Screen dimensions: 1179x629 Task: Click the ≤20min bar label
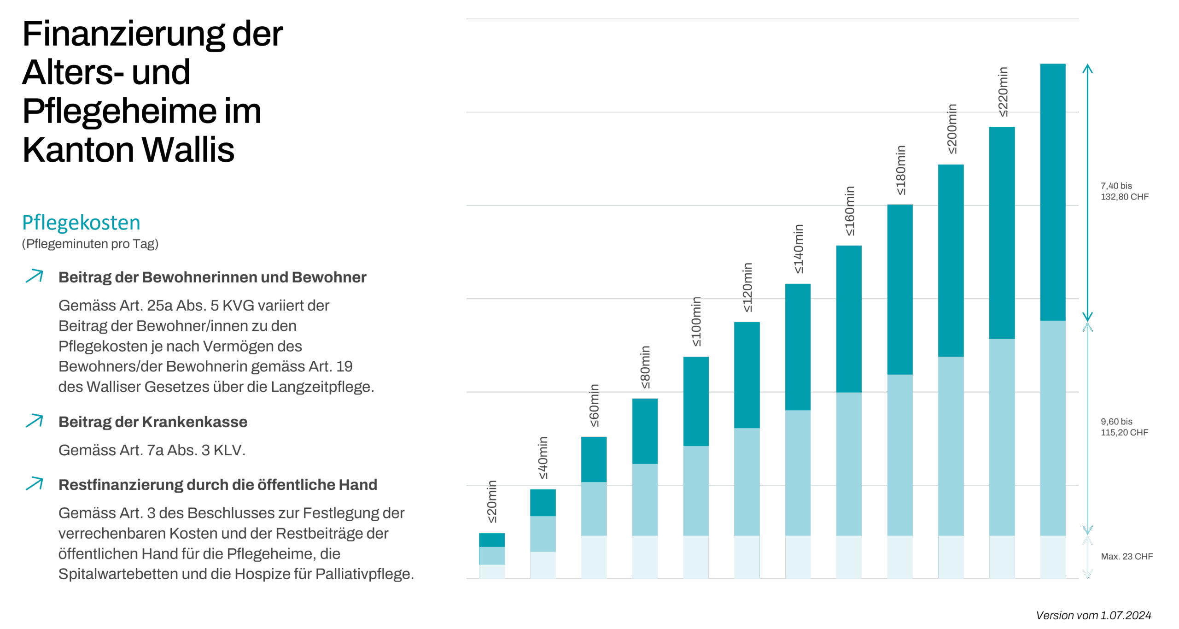pyautogui.click(x=492, y=501)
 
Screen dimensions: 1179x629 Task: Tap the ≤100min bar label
pyautogui.click(x=696, y=322)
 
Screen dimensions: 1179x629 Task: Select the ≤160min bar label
pyautogui.click(x=849, y=211)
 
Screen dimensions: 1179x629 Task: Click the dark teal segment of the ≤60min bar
pyautogui.click(x=594, y=459)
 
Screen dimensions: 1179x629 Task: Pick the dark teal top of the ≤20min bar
pyautogui.click(x=492, y=540)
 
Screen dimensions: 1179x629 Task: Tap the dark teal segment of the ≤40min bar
pyautogui.click(x=543, y=503)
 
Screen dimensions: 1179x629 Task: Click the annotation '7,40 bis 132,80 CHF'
pyautogui.click(x=1124, y=191)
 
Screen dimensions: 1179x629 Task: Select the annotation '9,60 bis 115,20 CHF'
pyautogui.click(x=1124, y=427)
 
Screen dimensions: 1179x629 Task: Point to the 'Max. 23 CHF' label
pyautogui.click(x=1126, y=556)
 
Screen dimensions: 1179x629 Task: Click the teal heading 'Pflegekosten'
pyautogui.click(x=81, y=223)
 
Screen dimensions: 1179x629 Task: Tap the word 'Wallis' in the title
pyautogui.click(x=188, y=150)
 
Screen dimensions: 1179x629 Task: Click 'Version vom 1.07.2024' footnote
pyautogui.click(x=1093, y=615)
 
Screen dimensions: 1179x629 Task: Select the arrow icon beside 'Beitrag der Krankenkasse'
pyautogui.click(x=35, y=421)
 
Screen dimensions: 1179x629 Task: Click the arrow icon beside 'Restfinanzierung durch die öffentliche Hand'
pyautogui.click(x=35, y=484)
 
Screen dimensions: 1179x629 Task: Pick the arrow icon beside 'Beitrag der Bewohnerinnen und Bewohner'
pyautogui.click(x=35, y=276)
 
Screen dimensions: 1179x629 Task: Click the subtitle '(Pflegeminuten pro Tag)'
pyautogui.click(x=90, y=244)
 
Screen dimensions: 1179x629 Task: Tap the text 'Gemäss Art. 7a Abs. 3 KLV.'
pyautogui.click(x=152, y=450)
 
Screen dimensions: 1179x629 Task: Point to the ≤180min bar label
pyautogui.click(x=900, y=170)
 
